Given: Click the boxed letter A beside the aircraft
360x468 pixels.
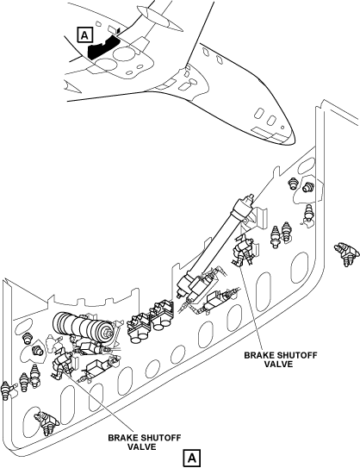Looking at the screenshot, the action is coord(85,35).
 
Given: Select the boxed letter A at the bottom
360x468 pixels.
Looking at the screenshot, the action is coord(192,458).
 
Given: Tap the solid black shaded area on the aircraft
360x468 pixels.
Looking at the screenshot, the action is coord(103,47).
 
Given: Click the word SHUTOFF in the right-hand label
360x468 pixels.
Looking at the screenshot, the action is coord(299,355).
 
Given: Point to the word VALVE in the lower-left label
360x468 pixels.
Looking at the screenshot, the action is coord(142,446).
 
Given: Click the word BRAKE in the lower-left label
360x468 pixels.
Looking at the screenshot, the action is coord(123,438).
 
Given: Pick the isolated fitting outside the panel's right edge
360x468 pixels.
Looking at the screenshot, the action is coord(346,254).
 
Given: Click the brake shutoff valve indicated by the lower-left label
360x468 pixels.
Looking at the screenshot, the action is coord(62,363).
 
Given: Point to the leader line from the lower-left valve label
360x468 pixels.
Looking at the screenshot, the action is coord(97,402).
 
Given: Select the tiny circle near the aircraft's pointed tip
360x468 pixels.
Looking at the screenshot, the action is coord(282,128).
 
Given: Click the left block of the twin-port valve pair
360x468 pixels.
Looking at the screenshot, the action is coord(139,327).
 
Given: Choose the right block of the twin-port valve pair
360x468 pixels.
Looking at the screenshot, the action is coord(162,315).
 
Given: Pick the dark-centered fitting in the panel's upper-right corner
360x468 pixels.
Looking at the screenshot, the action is coord(307,187).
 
